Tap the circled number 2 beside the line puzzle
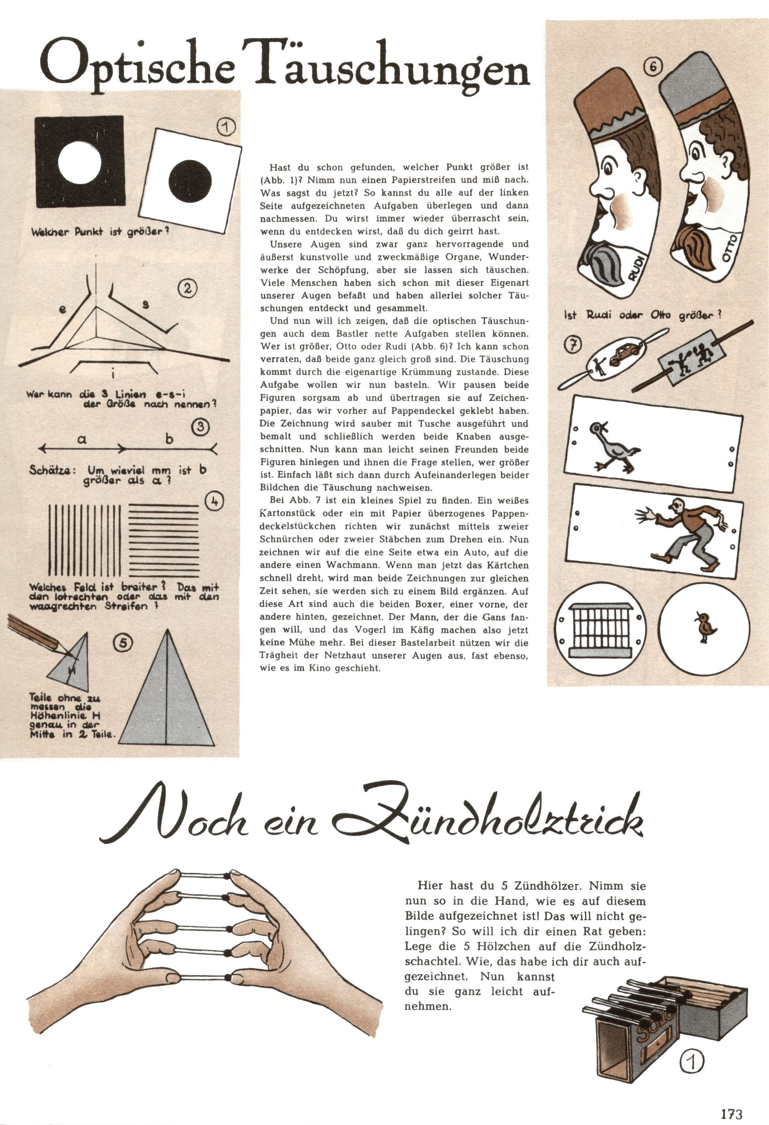pos(187,289)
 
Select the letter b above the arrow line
pos(169,439)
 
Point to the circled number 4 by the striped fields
pos(214,502)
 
